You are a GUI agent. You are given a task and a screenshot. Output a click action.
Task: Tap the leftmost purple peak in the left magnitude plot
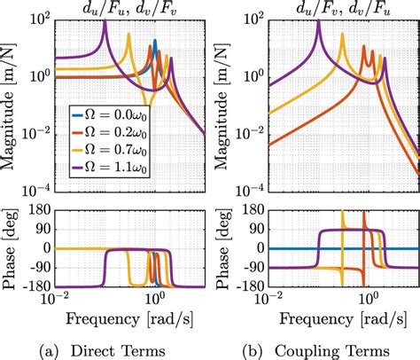(105, 22)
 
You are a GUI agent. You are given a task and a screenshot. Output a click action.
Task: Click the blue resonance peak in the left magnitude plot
(155, 41)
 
